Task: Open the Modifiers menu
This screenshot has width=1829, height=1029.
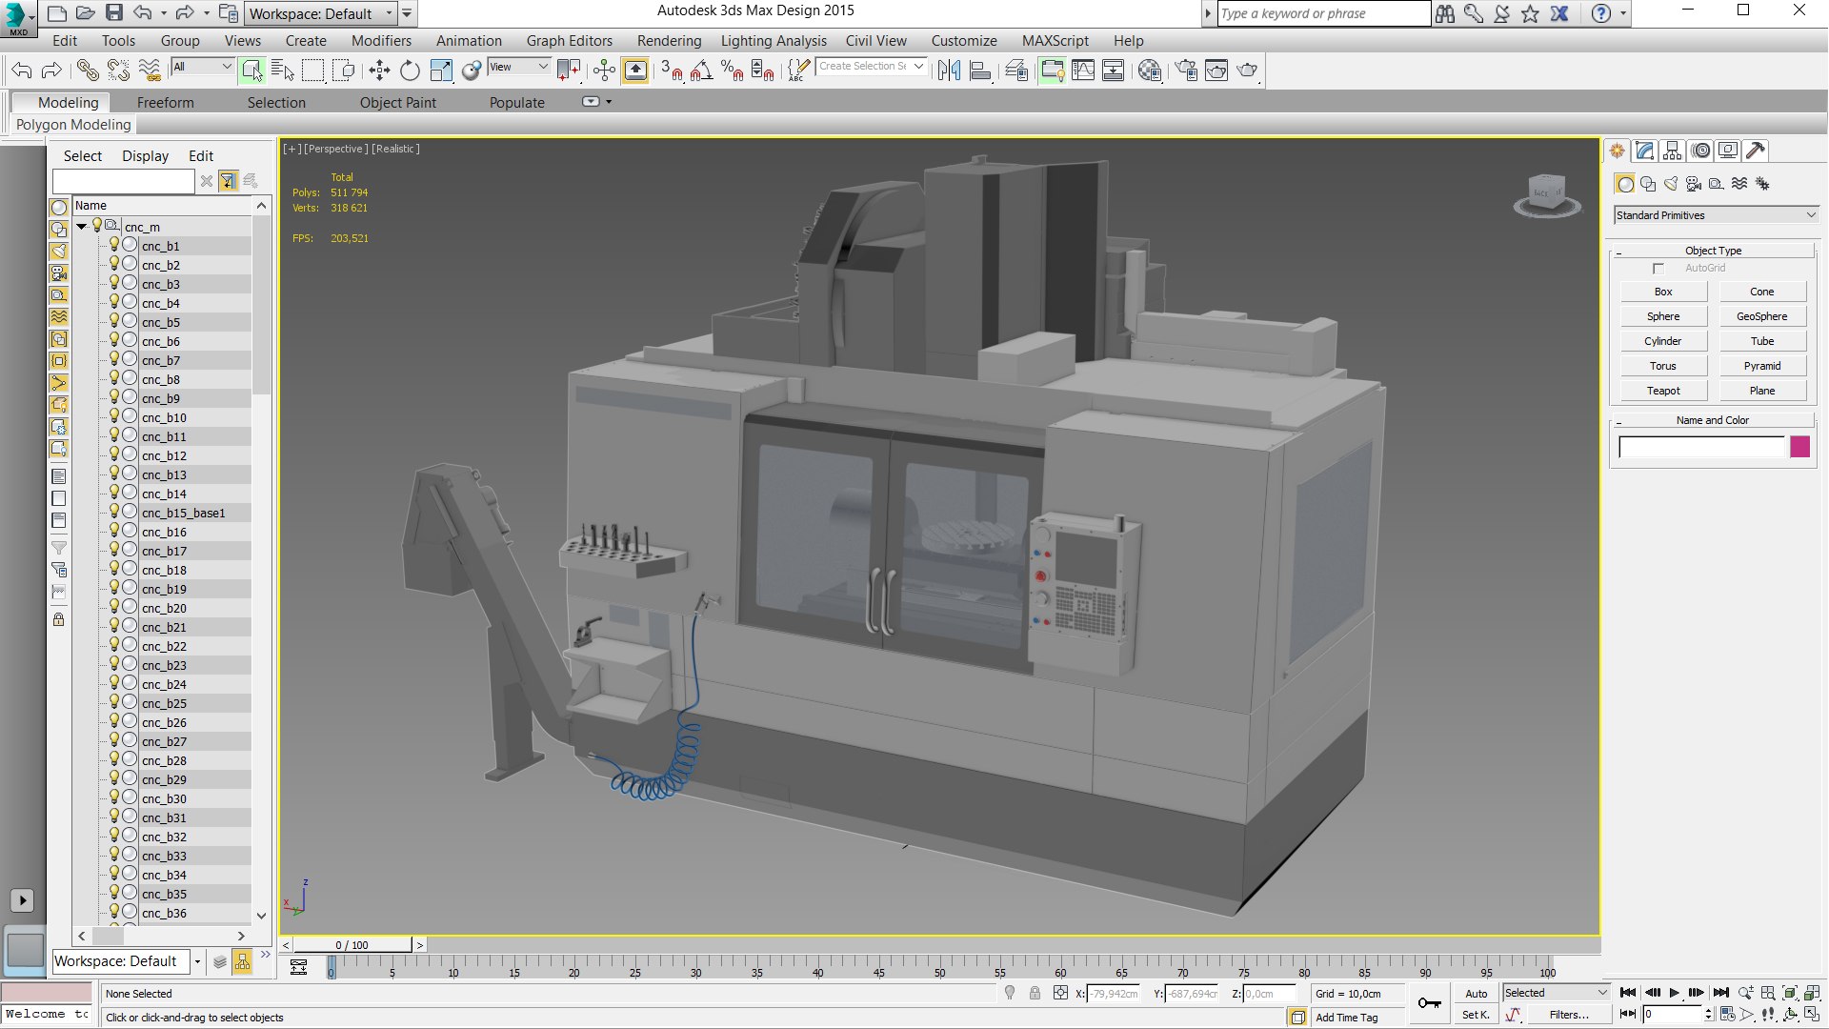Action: point(381,41)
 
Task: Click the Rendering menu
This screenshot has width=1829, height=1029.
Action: point(669,41)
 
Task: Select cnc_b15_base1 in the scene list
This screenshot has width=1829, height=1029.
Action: point(183,513)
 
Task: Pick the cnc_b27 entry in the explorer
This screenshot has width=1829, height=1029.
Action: point(164,741)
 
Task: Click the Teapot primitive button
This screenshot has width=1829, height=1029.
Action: point(1663,391)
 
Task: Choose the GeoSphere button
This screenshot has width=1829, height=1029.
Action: point(1761,316)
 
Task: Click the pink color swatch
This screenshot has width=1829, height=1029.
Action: point(1799,447)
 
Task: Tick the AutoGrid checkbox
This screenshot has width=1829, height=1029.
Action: point(1658,269)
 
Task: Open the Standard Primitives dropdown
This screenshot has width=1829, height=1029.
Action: point(1716,215)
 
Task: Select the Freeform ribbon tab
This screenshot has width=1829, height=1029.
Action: point(165,103)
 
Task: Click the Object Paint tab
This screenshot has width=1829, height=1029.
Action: point(397,103)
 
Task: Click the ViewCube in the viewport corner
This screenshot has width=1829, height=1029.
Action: point(1546,194)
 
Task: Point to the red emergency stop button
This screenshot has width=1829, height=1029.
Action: point(1040,575)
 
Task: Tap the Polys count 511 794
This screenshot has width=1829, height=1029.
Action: point(349,192)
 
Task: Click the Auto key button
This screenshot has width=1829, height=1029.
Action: point(1476,994)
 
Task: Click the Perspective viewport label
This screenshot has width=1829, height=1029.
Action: point(335,149)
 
